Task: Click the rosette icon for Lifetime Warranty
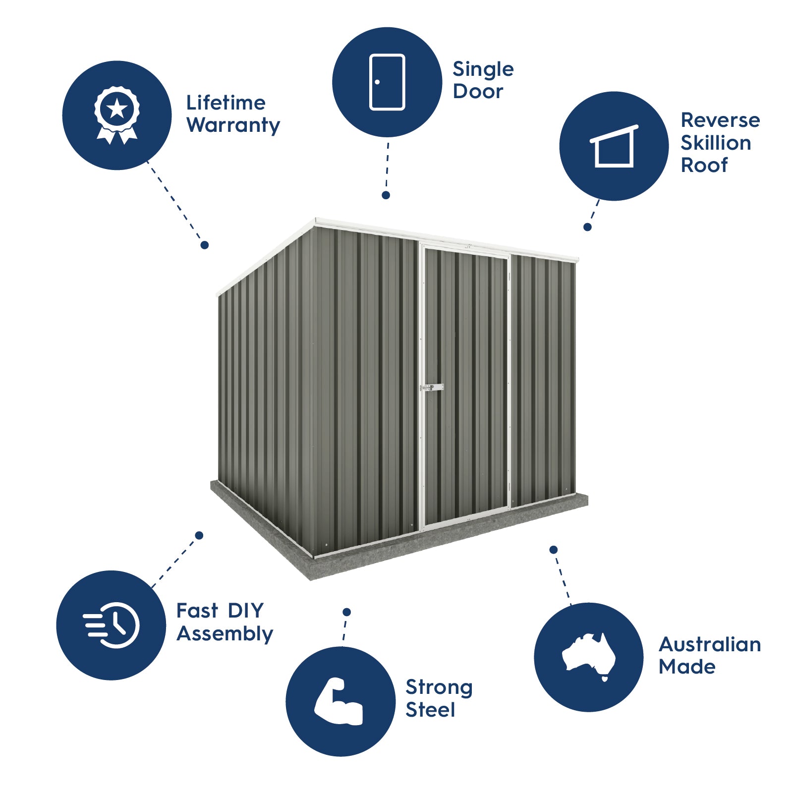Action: [x=117, y=115]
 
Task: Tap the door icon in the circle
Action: [x=387, y=82]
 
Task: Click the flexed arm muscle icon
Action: [x=340, y=701]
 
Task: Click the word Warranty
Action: [x=233, y=125]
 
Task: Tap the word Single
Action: [x=483, y=69]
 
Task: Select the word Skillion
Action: [x=716, y=143]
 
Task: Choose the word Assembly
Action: [x=225, y=633]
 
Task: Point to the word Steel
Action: [x=430, y=710]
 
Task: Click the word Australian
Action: [x=710, y=644]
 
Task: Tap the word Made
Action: [x=687, y=667]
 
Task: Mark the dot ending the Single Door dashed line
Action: [x=386, y=195]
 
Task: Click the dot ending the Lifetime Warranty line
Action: [x=204, y=245]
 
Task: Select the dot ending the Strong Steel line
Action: [x=346, y=612]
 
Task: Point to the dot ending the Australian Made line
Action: [x=554, y=550]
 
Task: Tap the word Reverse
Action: [x=720, y=120]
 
